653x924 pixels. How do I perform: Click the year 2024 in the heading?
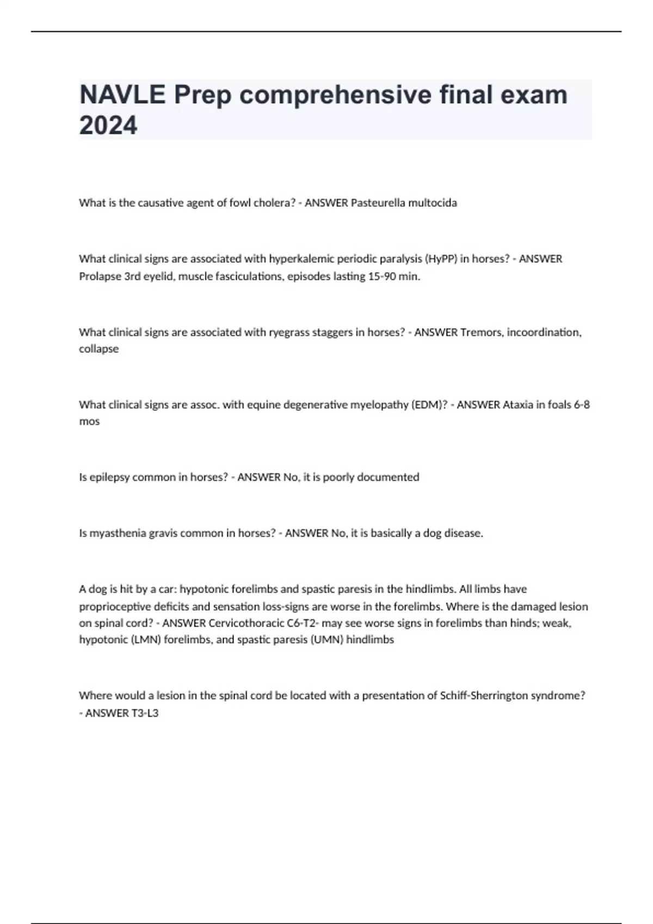(108, 126)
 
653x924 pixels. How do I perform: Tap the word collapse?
(98, 349)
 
